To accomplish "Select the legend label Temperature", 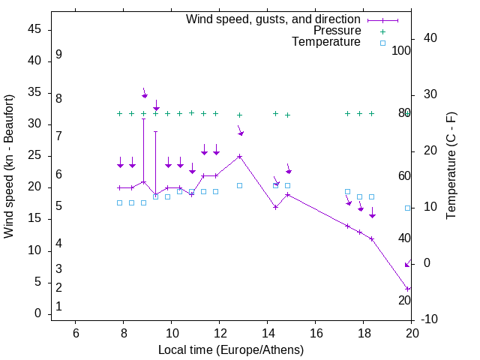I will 326,42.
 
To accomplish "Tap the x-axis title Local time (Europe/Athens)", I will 231,349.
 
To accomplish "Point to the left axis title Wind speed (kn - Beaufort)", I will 9,166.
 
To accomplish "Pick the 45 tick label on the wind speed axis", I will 34,29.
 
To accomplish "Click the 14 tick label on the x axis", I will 267,333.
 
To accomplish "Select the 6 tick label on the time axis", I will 75,333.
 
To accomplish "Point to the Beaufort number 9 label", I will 58,55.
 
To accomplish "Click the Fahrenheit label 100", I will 402,50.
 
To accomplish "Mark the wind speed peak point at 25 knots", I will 239,156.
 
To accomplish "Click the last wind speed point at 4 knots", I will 407,289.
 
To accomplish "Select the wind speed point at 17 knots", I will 276,207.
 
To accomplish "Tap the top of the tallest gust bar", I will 143,118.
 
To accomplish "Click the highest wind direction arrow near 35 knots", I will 145,94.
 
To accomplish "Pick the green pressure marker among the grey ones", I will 192,112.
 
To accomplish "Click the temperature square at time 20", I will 407,208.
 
